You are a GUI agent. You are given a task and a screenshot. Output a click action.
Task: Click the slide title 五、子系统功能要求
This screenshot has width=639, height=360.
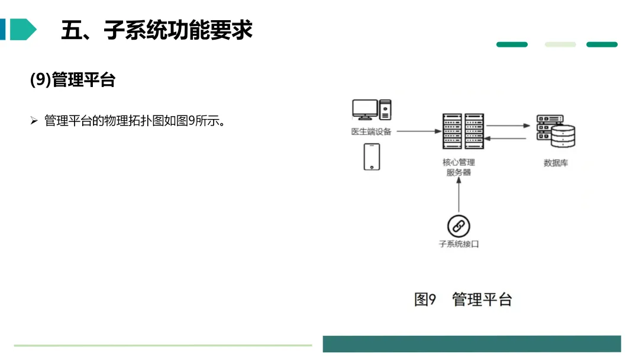coord(157,30)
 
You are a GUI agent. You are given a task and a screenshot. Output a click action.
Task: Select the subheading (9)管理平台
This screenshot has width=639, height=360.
coord(72,80)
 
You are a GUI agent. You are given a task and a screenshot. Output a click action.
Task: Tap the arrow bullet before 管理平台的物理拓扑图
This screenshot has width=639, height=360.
coord(34,121)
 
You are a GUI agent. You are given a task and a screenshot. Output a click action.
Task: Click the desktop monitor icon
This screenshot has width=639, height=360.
coord(364,110)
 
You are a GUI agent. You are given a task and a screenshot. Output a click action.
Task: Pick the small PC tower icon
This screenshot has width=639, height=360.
coord(385,110)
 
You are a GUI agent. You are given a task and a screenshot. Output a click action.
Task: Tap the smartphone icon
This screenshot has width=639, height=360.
coord(372,157)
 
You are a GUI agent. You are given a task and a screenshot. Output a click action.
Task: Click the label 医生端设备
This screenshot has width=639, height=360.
coord(371,131)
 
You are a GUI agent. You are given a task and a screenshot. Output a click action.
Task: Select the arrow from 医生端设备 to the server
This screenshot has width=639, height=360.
coord(415,131)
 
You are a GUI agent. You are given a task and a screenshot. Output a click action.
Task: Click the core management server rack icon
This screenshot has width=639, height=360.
coord(459,131)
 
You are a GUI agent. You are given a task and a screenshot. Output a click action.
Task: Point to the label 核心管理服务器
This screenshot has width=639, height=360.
coord(459,167)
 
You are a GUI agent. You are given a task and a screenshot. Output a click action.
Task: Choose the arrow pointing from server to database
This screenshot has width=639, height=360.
coord(508,126)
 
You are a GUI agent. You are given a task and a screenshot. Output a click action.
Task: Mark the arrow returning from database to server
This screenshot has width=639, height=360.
coord(508,139)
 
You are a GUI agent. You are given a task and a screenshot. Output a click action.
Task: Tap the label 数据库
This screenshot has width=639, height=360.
coord(556,163)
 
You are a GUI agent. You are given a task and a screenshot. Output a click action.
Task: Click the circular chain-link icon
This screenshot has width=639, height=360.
coord(459,226)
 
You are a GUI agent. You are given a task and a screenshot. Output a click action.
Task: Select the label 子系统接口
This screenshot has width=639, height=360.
coord(459,244)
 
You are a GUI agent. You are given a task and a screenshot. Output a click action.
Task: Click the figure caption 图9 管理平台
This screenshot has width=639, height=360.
coord(463,300)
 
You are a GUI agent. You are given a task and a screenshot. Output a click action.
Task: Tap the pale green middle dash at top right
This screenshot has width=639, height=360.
coord(560,44)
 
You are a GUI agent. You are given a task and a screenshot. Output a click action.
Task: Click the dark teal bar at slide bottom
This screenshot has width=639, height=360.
coord(472,344)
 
